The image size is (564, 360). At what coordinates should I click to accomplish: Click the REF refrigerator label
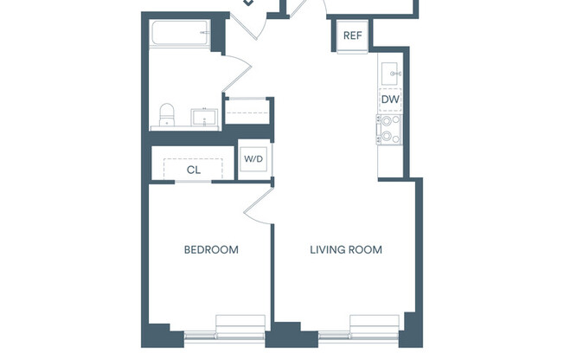(351, 35)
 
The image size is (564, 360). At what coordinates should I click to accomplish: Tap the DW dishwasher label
(389, 100)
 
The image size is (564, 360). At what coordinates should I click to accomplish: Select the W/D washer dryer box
(253, 159)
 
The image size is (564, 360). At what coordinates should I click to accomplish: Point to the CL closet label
(194, 170)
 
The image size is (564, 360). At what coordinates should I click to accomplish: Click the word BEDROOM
(211, 250)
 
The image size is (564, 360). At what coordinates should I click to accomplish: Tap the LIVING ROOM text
(346, 250)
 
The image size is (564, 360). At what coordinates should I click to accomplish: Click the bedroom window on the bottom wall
(225, 330)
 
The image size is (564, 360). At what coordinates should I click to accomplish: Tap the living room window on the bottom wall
(358, 330)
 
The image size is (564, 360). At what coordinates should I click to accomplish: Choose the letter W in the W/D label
(247, 159)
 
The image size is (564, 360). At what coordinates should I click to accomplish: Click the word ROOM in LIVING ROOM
(365, 250)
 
